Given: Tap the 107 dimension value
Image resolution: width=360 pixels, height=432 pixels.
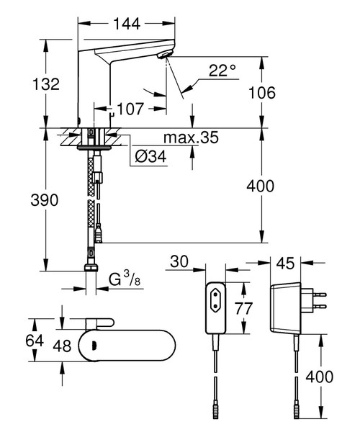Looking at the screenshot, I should pyautogui.click(x=130, y=109).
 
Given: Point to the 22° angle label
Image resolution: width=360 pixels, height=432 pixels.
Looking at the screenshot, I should pyautogui.click(x=222, y=70).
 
